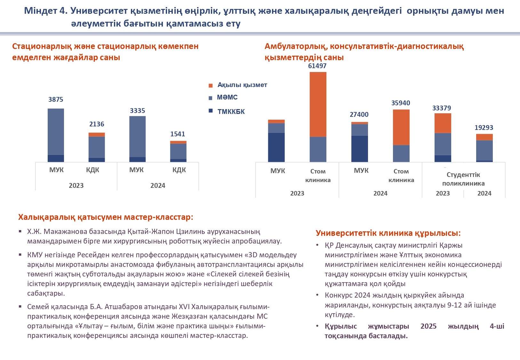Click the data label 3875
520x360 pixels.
[56, 100]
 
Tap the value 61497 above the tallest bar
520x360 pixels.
[317, 66]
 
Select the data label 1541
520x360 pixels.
[178, 134]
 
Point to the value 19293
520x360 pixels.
[484, 128]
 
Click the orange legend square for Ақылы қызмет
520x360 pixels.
[211, 85]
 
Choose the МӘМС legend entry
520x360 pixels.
[227, 97]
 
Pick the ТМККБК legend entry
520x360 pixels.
[231, 112]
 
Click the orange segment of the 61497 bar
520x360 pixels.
[318, 104]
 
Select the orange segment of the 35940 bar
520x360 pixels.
[401, 127]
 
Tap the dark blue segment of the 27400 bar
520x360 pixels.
[360, 149]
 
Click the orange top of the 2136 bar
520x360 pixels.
[97, 135]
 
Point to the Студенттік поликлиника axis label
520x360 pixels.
[463, 179]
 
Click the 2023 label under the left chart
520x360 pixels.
[76, 186]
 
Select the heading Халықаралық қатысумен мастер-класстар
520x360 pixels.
[106, 217]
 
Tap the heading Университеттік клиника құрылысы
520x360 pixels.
[388, 233]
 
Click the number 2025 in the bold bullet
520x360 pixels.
[428, 326]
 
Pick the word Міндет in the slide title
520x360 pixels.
[40, 11]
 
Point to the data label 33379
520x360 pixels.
[442, 108]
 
